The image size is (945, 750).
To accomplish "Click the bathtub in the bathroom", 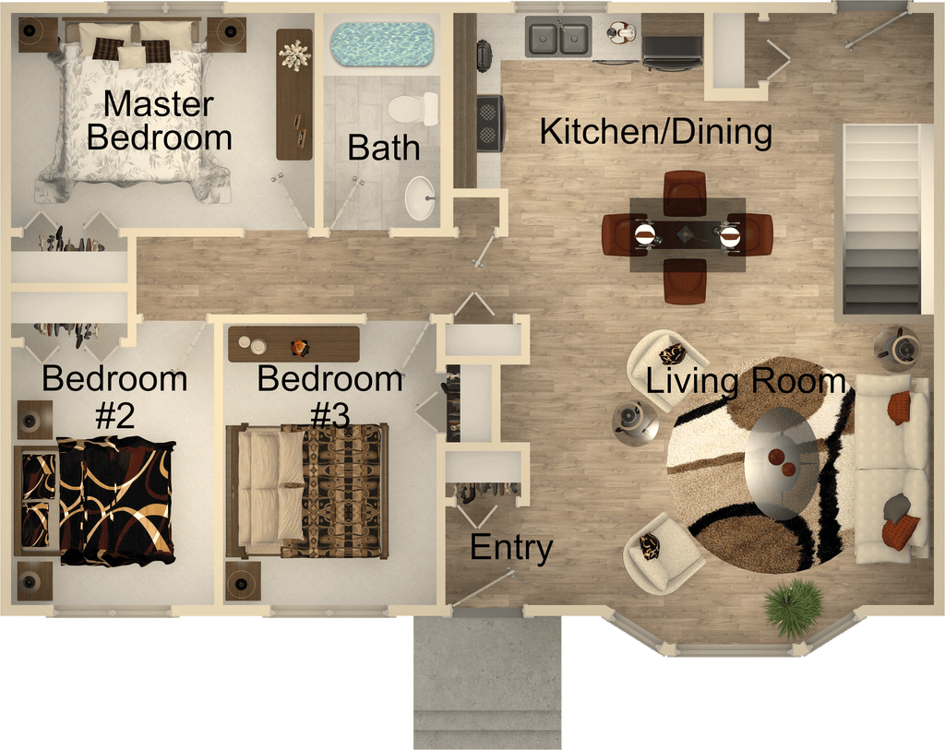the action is coord(382,44).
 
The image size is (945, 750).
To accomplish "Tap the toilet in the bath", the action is coord(414,109).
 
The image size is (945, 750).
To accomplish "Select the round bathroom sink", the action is coord(420,198).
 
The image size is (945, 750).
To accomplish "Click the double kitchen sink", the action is coord(558,37).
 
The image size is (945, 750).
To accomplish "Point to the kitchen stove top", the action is coord(490,123).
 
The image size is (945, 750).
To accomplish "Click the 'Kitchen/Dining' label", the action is coord(656,132).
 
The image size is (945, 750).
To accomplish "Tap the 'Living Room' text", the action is coord(746,381).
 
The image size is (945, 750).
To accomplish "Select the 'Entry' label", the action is coord(511,547).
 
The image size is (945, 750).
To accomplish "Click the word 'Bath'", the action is coord(383,148).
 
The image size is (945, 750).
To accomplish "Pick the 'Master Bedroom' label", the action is coord(159,121).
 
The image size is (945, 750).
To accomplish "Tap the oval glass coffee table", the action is coord(782,463).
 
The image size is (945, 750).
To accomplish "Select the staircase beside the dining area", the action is coord(881,220).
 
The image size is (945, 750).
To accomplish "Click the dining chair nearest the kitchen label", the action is coord(685,193).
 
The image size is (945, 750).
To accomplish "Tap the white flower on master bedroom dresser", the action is coord(294,56).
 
